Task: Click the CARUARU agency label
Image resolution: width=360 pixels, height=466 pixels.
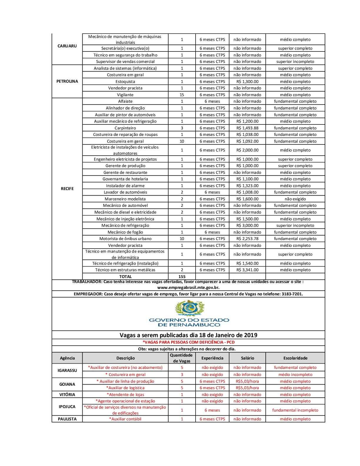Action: pos(67,46)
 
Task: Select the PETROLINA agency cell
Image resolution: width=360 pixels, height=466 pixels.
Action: pos(67,81)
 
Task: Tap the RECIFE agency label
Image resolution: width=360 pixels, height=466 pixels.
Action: pos(67,189)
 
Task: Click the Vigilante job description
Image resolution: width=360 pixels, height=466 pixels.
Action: pos(125,95)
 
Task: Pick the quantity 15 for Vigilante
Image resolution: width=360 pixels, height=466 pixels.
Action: pos(182,95)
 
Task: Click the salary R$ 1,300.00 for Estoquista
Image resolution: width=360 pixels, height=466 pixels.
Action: pos(247,81)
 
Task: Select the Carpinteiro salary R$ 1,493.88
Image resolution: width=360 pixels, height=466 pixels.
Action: pos(247,128)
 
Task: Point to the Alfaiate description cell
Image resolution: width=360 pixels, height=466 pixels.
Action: pos(125,101)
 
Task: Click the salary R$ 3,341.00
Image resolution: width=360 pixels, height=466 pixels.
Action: pos(247,270)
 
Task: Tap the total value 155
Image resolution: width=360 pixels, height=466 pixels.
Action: pos(182,277)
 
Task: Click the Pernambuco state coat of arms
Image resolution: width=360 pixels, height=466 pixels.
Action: pos(189,308)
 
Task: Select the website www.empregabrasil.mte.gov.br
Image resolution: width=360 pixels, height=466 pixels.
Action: pos(188,287)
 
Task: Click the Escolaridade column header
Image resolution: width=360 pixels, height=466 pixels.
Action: pos(295,358)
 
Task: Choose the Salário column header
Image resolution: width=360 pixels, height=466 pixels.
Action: pos(247,358)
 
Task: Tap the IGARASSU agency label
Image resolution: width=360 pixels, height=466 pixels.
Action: pos(67,371)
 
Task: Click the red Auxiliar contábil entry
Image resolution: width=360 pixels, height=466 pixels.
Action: pos(125,419)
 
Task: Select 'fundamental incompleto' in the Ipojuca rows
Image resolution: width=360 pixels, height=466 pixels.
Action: pos(295,410)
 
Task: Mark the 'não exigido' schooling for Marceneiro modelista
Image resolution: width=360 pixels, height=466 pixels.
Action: pos(295,199)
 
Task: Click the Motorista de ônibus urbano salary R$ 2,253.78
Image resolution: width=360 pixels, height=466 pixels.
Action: pos(247,239)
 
